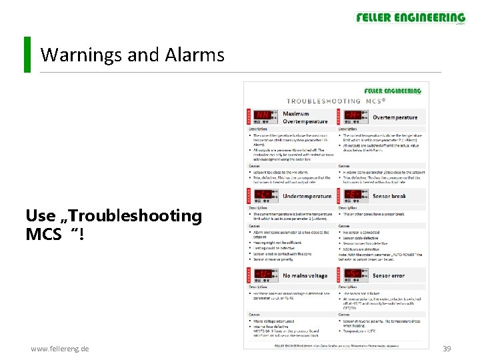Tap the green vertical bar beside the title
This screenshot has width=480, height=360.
point(27,55)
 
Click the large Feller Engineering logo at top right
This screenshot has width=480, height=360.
point(411,19)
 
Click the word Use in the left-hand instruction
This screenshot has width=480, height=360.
point(41,216)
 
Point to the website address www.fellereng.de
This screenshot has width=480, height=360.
point(60,349)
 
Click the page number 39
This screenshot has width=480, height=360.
point(447,349)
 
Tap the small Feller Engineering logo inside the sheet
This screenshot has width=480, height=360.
point(392,91)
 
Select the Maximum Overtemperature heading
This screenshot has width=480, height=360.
point(305,117)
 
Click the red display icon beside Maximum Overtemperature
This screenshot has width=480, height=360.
point(264,117)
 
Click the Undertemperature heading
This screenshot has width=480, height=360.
point(307,197)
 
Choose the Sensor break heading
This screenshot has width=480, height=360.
point(389,197)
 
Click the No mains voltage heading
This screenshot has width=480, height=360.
point(305,275)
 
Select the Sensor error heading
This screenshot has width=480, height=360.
point(389,275)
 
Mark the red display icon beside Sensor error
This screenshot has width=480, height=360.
point(353,275)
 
